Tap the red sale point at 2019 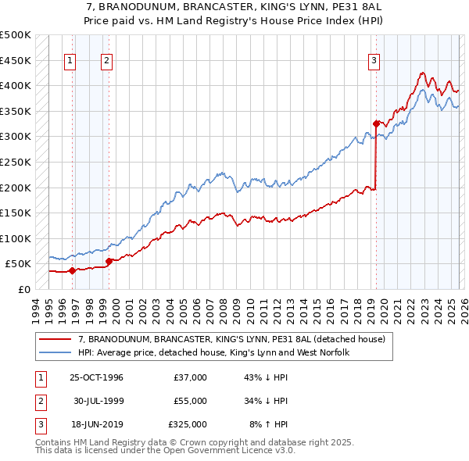(376, 123)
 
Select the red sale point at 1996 (72, 270)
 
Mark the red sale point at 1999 (109, 261)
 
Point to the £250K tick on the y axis (16, 162)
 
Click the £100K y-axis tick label (16, 238)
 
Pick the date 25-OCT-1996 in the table (96, 377)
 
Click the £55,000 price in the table (190, 401)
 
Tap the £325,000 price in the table (188, 424)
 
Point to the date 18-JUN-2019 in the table (96, 424)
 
